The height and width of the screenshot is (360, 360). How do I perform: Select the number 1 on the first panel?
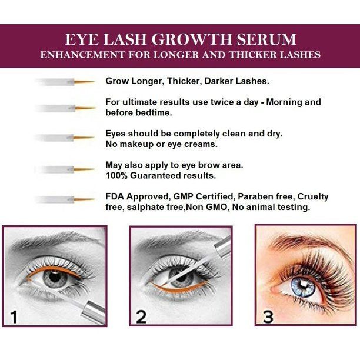[14, 318]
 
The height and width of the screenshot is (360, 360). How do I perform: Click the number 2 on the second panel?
[141, 317]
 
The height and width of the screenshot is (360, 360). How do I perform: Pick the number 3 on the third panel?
[268, 317]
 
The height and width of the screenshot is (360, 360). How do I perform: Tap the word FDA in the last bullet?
[115, 196]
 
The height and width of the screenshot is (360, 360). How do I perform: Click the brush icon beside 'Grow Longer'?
[65, 82]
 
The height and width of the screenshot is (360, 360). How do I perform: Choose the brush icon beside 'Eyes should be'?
[65, 138]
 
